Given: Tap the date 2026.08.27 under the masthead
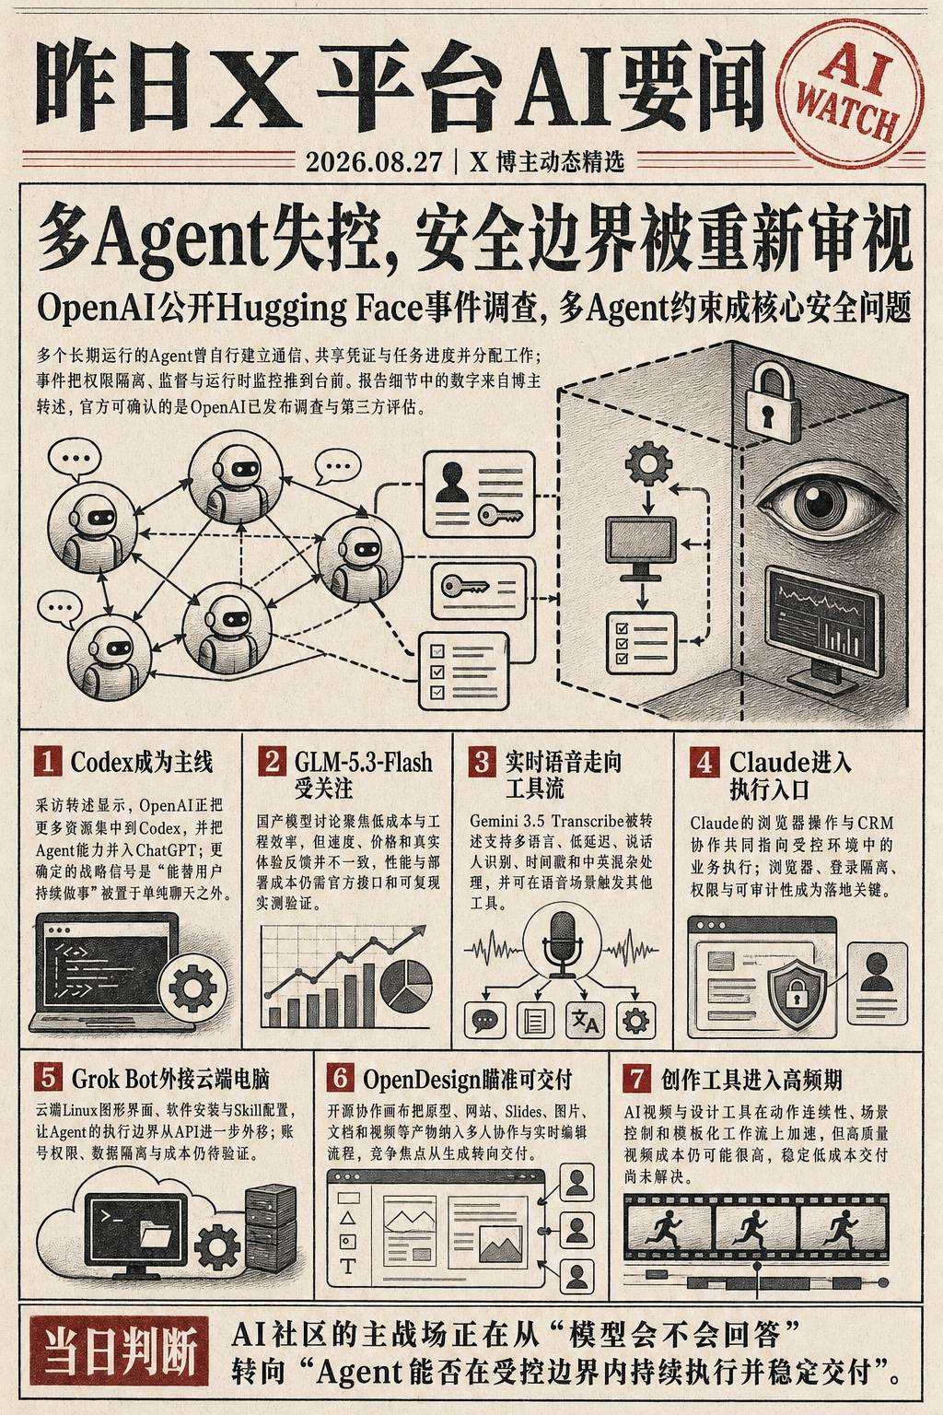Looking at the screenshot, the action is (x=374, y=162).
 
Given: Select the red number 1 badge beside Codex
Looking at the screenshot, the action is (x=48, y=761).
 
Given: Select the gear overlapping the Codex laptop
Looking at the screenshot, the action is (x=192, y=988).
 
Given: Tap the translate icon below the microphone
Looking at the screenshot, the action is (x=585, y=1020).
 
